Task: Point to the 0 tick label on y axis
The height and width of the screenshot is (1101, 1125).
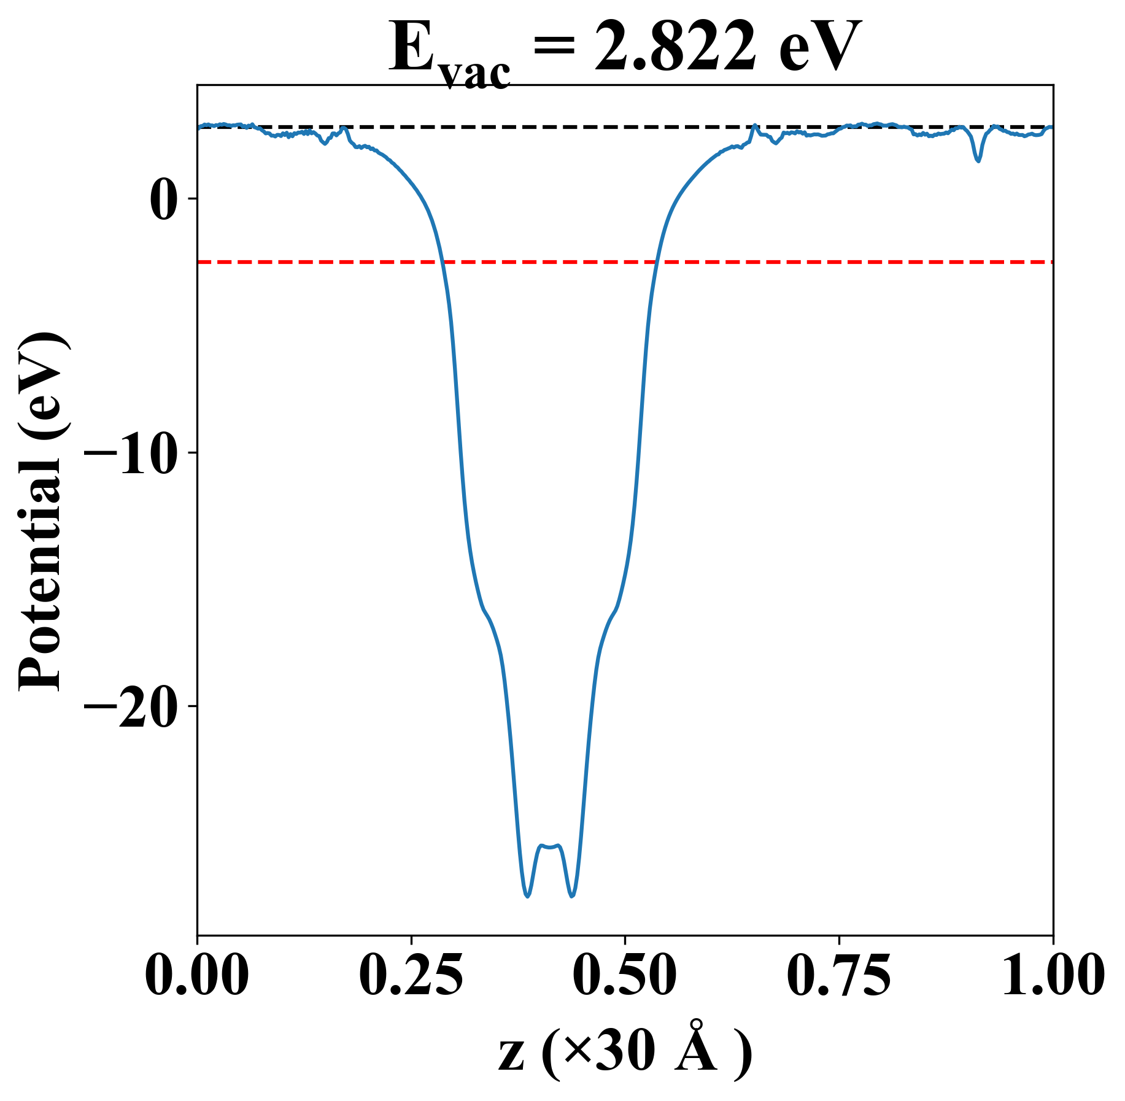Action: pyautogui.click(x=162, y=199)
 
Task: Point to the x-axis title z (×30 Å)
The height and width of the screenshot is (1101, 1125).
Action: pyautogui.click(x=625, y=1054)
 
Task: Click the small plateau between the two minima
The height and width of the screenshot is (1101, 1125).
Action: pyautogui.click(x=550, y=846)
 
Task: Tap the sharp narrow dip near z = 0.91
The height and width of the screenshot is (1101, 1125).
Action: pyautogui.click(x=978, y=161)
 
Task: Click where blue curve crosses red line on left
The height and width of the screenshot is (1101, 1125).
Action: pyautogui.click(x=442, y=262)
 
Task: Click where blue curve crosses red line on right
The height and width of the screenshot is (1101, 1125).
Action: pyautogui.click(x=655, y=262)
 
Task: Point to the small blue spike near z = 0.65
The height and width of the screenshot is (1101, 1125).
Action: pyautogui.click(x=754, y=126)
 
